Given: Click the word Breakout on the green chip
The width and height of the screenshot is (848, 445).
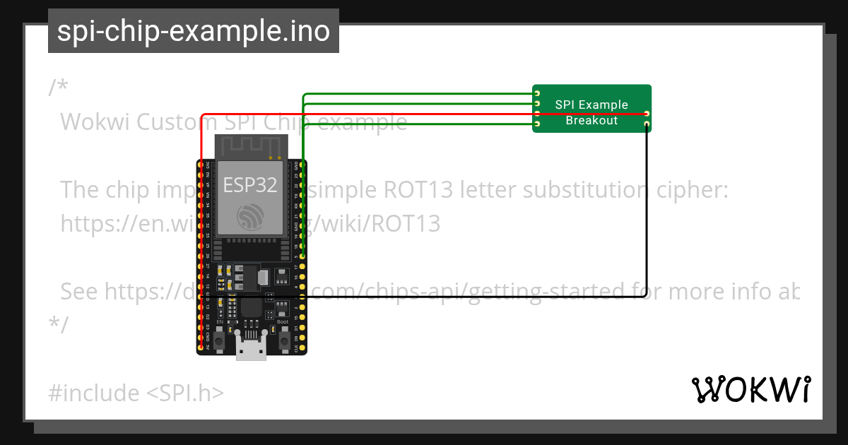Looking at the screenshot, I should tap(591, 120).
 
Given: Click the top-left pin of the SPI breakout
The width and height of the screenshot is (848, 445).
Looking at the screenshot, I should tap(537, 93).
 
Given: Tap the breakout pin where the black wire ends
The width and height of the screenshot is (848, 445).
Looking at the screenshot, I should tap(647, 124).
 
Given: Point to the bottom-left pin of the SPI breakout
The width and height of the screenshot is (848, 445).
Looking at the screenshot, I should tap(537, 124).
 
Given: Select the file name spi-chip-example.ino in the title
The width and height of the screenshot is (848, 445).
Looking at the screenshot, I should tap(193, 31).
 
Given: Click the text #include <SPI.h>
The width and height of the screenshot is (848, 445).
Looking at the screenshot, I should tap(136, 392).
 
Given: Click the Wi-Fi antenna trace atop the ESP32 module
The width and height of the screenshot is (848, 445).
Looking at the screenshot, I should tap(251, 148).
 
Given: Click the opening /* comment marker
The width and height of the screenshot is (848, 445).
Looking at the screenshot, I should tap(58, 88).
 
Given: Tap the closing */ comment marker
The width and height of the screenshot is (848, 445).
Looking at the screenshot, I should tap(58, 324).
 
